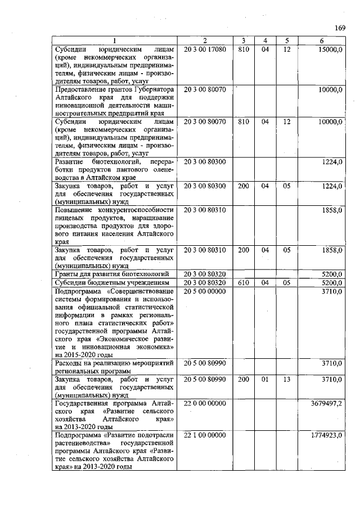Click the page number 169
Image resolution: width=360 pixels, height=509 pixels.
[339, 29]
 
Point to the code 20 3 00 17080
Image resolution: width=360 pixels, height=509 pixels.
[205, 49]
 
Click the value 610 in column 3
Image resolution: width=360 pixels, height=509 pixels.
[243, 282]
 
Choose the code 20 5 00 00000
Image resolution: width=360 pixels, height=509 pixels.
[205, 291]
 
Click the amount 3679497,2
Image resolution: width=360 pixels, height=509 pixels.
[326, 403]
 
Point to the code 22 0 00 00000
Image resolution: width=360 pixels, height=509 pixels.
[205, 403]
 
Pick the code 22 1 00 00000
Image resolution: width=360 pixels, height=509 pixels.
[205, 435]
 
